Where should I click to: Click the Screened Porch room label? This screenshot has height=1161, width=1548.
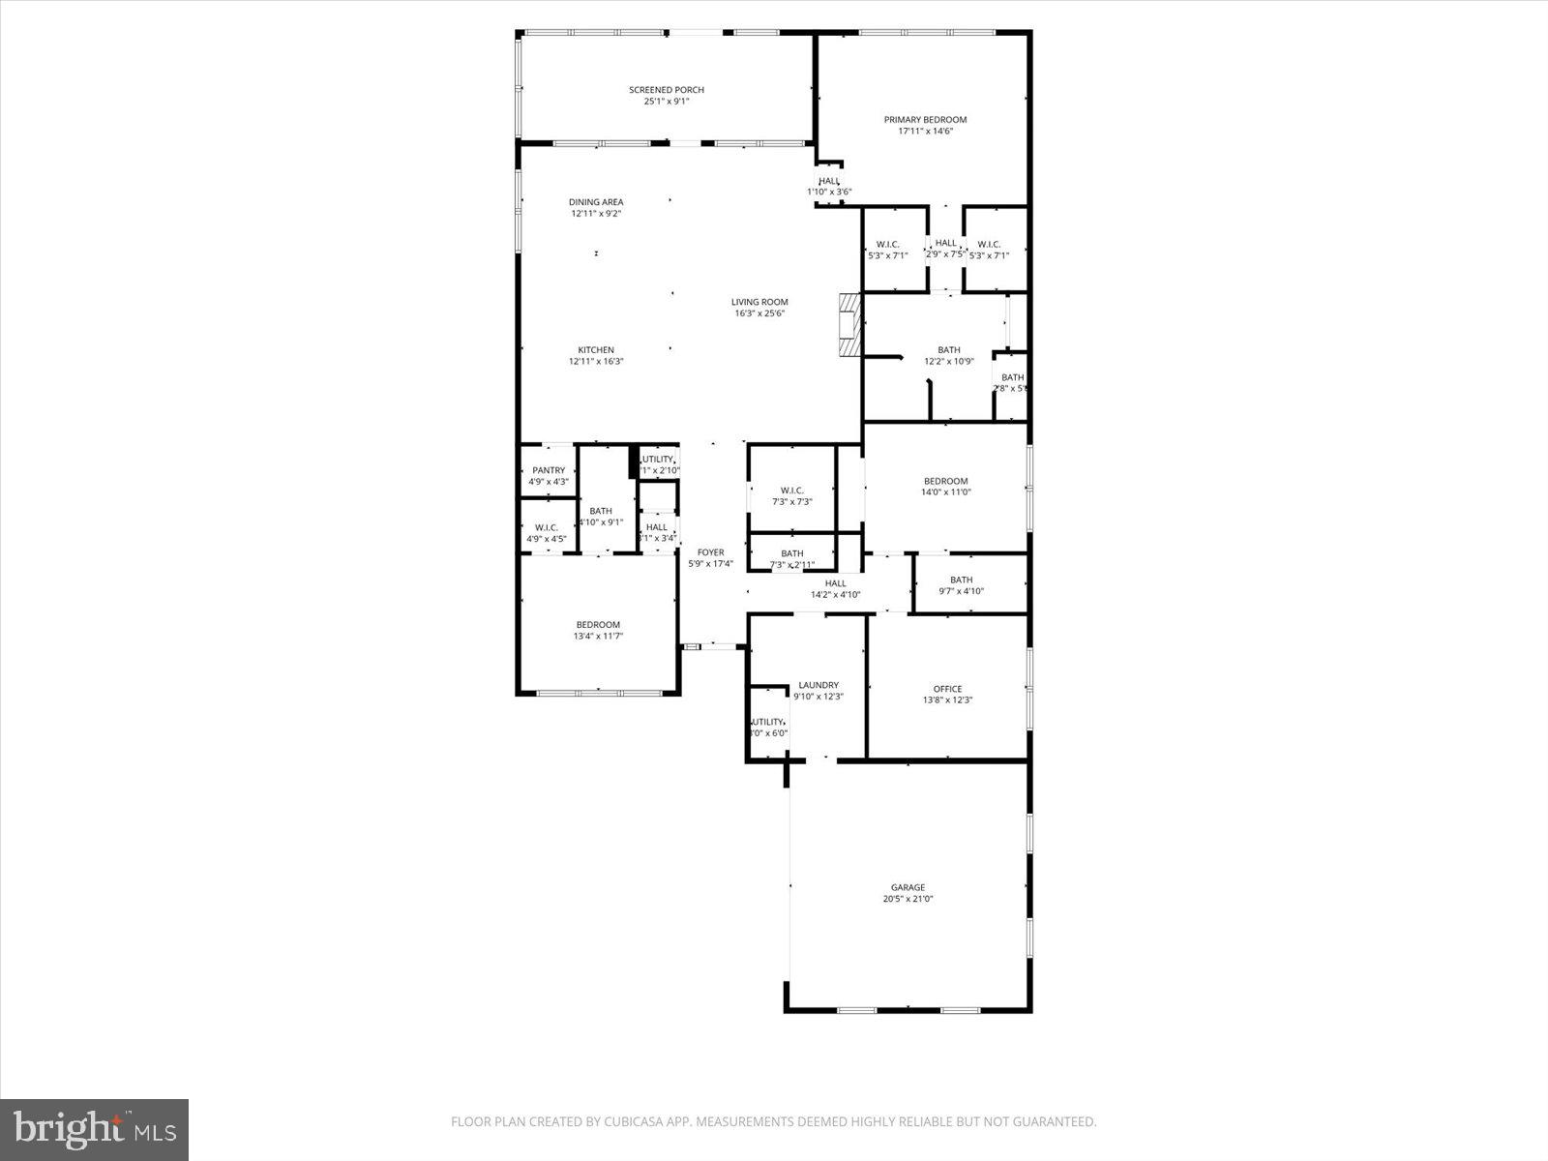(x=667, y=90)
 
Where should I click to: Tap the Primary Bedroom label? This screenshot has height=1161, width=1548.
(x=925, y=120)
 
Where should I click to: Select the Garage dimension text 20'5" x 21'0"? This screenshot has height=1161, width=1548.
(x=908, y=899)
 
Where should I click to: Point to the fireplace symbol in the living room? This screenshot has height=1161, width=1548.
(x=848, y=326)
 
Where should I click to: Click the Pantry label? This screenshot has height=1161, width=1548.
(x=549, y=470)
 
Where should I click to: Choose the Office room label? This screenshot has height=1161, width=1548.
(x=947, y=689)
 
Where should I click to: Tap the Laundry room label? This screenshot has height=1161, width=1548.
(x=819, y=685)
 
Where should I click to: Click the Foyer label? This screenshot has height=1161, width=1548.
(x=710, y=552)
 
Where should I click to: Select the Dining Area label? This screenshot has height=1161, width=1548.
(x=596, y=202)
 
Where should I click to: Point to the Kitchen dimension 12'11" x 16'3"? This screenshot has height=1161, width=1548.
(x=596, y=362)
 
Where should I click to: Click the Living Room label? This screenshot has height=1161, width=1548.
(x=759, y=302)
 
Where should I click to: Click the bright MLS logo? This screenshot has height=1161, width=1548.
(x=95, y=1129)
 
